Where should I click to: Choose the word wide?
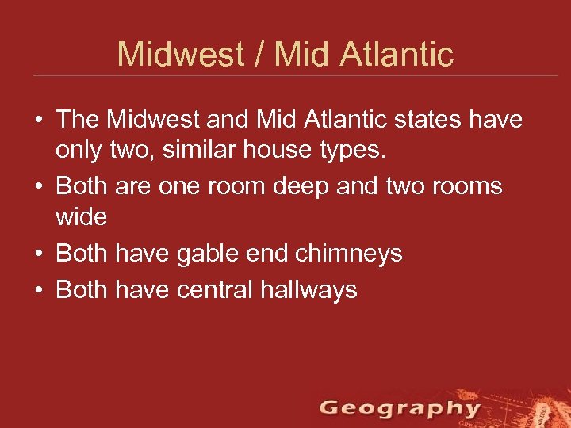pos(81,216)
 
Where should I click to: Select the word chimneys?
pos(349,254)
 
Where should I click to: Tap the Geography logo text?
pos(400,409)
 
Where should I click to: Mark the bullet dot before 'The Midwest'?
pos(38,120)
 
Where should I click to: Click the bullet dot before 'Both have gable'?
pos(38,254)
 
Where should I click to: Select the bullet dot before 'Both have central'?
pos(38,290)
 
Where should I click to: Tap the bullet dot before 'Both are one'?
pos(38,187)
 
